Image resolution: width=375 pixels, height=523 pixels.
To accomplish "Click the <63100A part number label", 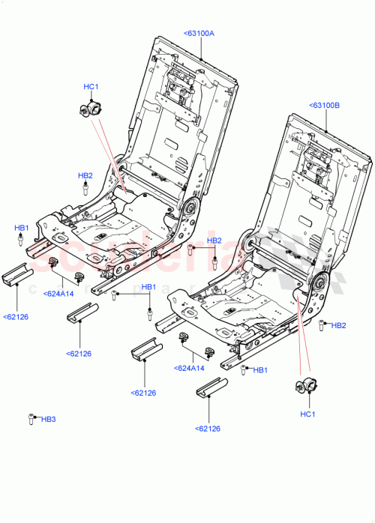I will [x=199, y=33].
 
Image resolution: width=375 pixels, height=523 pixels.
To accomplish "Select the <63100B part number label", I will [x=324, y=106].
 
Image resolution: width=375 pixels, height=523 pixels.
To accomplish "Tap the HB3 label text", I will [x=49, y=419].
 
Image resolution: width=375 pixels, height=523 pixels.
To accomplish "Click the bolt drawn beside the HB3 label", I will [x=31, y=419].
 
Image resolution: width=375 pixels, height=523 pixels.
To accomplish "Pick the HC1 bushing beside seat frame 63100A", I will [x=90, y=109].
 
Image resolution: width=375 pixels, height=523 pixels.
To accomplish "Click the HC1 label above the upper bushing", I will [x=91, y=87].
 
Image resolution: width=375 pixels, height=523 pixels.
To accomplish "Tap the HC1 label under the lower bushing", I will [x=308, y=414].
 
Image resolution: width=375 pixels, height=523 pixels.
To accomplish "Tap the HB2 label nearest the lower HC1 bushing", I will [x=338, y=325].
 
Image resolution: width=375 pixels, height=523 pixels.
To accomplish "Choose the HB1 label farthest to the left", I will [x=22, y=227].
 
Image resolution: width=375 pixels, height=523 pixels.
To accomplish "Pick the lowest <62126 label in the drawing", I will [x=208, y=429].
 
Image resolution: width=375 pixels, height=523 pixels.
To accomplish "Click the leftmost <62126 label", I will [x=16, y=317].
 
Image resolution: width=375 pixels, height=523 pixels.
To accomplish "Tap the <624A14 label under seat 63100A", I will [x=58, y=294].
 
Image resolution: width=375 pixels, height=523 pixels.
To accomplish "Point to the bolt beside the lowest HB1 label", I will [x=244, y=369].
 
